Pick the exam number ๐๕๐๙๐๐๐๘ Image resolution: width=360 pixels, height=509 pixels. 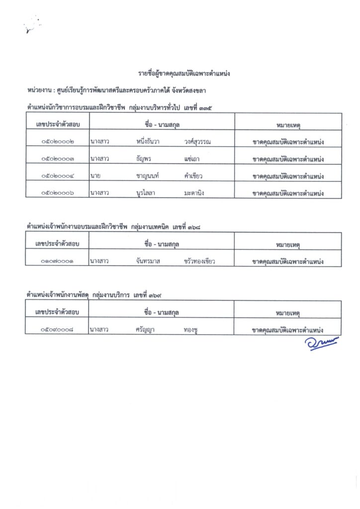[x=58, y=330]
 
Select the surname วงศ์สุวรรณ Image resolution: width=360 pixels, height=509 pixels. [x=197, y=142]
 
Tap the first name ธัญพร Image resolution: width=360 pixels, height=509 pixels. [x=144, y=159]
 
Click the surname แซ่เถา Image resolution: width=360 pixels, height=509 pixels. [x=191, y=159]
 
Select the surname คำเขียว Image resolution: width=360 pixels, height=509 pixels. [x=193, y=176]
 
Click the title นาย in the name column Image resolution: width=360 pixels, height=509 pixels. [x=96, y=176]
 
